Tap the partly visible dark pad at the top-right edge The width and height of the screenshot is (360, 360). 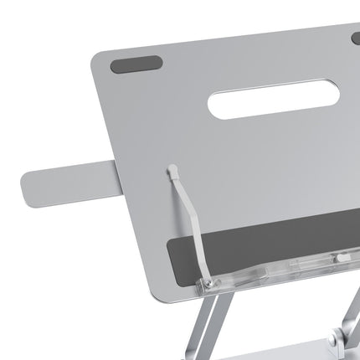pos(356,38)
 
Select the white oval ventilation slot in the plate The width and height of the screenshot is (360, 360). pos(273,98)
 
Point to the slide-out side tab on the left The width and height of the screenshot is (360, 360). pos(67,182)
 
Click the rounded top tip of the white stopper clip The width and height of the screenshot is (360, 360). pos(173,169)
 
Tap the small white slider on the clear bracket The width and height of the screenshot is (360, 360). pos(342,257)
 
